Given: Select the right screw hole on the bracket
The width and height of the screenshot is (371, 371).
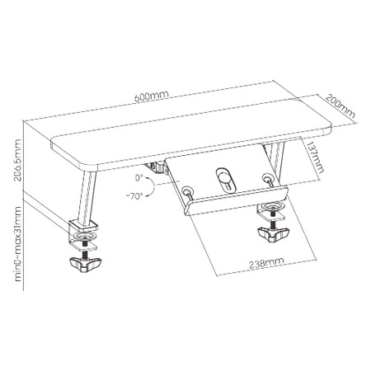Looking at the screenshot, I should (x=266, y=179).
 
